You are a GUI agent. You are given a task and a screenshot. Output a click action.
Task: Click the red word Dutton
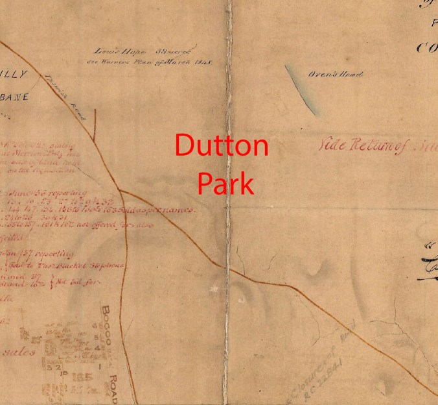222,145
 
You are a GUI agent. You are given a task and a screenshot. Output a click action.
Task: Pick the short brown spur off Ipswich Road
95,125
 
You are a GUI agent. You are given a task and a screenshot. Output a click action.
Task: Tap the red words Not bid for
78,284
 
